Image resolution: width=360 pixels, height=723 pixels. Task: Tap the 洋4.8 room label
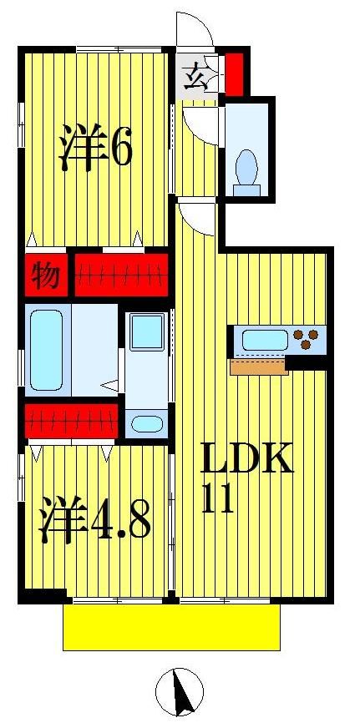93,520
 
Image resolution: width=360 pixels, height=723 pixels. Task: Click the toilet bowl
246,168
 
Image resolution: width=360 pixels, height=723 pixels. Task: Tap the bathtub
45,350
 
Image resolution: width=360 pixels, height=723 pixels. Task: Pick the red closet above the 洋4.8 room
71,421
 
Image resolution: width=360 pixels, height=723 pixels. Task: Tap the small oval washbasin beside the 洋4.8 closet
146,422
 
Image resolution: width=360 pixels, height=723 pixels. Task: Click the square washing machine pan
146,332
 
